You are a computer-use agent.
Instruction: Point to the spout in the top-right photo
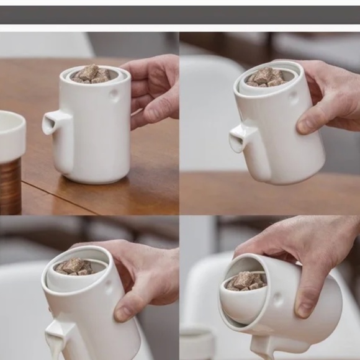tap(240, 138)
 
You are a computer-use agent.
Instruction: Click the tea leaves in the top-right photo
tap(265, 77)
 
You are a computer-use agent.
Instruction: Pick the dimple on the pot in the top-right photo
tap(292, 96)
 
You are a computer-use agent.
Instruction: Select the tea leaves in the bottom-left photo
tap(74, 266)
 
